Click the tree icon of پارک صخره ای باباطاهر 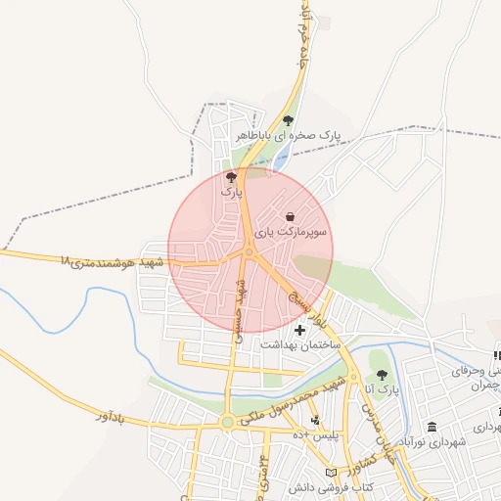288,121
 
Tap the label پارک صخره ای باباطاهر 288,137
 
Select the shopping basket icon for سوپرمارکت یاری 290,216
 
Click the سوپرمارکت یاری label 291,233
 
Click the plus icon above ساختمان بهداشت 299,331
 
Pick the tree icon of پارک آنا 381,375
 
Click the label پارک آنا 382,391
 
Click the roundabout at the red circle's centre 250,252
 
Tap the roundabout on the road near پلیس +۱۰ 228,423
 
